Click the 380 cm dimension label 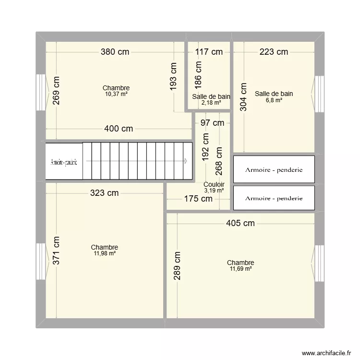click(115, 52)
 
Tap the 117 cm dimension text click(209, 52)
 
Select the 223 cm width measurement click(274, 52)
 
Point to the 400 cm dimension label click(119, 129)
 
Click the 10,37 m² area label click(116, 94)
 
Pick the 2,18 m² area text click(211, 103)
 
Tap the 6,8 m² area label click(274, 100)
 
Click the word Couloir click(214, 184)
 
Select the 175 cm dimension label click(198, 199)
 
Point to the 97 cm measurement click(212, 123)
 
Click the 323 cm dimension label click(105, 193)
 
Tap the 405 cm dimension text click(240, 223)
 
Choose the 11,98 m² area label click(105, 253)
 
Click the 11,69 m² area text click(240, 269)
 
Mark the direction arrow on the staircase click(185, 161)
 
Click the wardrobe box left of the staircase click(64, 161)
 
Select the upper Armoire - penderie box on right click(274, 169)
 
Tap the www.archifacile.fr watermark click(326, 353)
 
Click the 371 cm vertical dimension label click(56, 251)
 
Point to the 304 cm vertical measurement click(243, 97)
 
